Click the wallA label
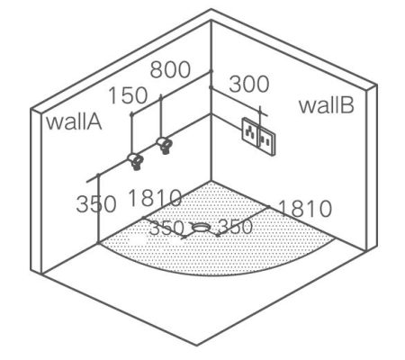click(x=74, y=121)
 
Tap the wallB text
click(x=327, y=105)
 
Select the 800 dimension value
click(x=170, y=69)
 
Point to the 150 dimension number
click(x=128, y=95)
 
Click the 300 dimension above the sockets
click(x=249, y=84)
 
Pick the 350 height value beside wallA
click(x=96, y=204)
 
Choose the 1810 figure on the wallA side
click(x=155, y=198)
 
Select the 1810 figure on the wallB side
click(x=305, y=209)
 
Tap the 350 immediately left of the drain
click(x=166, y=228)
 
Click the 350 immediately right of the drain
click(x=236, y=227)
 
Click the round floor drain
click(x=201, y=227)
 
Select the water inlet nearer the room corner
click(x=165, y=145)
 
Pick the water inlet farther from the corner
click(x=135, y=161)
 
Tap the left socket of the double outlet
click(x=250, y=130)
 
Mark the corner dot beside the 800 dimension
click(x=211, y=71)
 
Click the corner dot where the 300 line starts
click(x=211, y=87)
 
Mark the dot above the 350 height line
click(x=98, y=175)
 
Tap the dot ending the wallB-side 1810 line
click(x=268, y=206)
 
